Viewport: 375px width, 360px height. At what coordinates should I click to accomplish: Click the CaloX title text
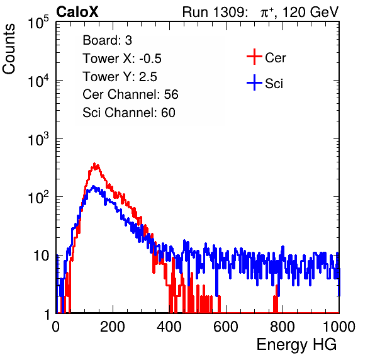tap(77, 12)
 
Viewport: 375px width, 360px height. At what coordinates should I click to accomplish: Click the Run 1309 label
tap(215, 12)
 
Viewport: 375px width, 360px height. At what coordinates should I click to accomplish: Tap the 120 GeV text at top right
tap(310, 12)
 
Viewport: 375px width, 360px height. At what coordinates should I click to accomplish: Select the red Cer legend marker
tap(254, 57)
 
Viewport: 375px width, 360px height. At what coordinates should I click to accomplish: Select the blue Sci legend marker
tap(254, 82)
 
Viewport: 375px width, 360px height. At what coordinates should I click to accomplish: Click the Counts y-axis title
tap(9, 49)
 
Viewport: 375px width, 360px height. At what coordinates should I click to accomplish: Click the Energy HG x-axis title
tap(296, 345)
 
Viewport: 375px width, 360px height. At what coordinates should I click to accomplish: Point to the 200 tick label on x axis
tap(113, 327)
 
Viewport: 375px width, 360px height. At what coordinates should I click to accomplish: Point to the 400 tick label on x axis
tap(169, 327)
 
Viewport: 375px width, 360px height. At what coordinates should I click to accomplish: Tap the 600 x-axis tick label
tap(226, 327)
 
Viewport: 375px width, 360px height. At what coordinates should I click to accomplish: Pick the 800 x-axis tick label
tap(283, 327)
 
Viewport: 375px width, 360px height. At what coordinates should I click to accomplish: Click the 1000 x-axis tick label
tap(339, 327)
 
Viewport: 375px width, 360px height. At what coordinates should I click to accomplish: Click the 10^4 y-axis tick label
tap(38, 81)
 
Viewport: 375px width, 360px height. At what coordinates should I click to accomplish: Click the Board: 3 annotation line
tap(107, 40)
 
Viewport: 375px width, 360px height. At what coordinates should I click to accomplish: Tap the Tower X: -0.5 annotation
tap(122, 59)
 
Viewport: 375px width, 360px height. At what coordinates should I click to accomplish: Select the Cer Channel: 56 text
tap(130, 94)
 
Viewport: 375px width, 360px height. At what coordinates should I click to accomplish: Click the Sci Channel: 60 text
tap(129, 113)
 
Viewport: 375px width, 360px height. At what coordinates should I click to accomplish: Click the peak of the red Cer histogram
tap(94, 164)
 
